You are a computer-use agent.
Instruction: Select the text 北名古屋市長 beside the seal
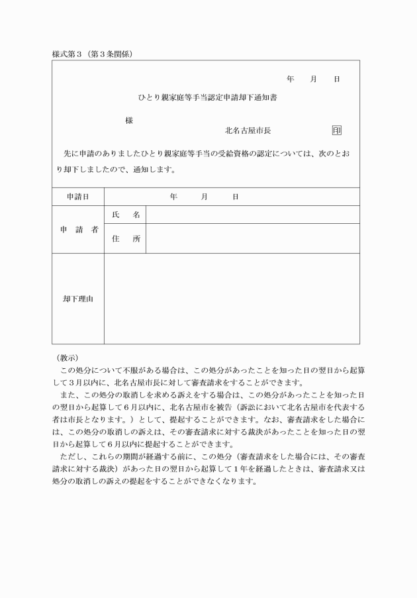[x=248, y=131]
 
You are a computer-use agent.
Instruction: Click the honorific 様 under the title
[x=129, y=121]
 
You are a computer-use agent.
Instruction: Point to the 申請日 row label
[x=78, y=197]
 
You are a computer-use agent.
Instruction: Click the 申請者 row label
[x=79, y=230]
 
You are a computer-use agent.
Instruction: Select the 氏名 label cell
[x=126, y=215]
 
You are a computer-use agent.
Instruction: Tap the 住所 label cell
[x=126, y=239]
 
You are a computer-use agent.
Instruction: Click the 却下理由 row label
[x=78, y=299]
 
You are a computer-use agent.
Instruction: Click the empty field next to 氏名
[x=252, y=215]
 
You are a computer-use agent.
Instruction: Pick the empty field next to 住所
[x=252, y=239]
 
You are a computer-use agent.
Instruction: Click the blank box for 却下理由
[x=232, y=299]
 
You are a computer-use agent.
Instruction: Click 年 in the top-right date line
[x=291, y=79]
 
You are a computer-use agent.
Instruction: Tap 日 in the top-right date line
[x=337, y=79]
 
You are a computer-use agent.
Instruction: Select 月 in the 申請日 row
[x=205, y=197]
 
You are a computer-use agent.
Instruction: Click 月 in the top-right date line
[x=313, y=79]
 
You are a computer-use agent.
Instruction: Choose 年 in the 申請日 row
[x=173, y=197]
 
